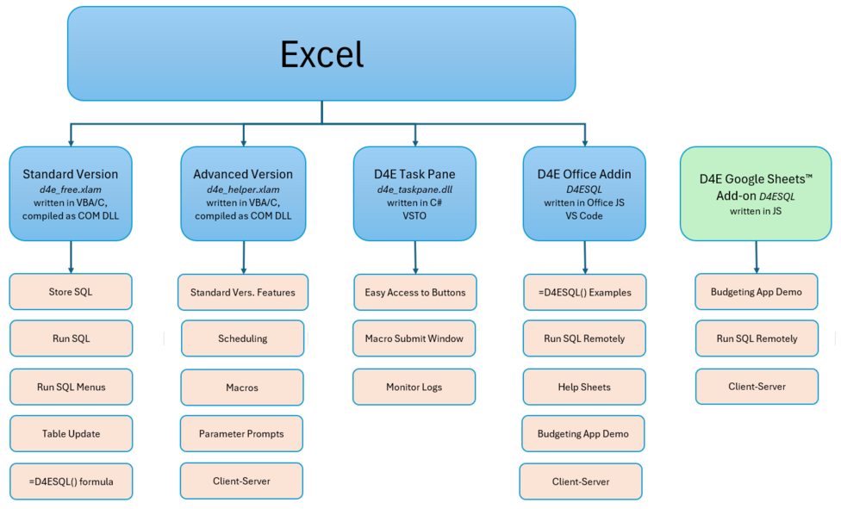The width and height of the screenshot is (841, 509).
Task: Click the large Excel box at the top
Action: tap(321, 53)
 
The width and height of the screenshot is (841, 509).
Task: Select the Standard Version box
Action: tap(71, 194)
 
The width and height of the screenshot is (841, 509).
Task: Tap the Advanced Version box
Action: tap(243, 194)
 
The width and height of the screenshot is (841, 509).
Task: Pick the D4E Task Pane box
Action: tap(414, 194)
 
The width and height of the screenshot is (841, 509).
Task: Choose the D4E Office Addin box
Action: tap(584, 194)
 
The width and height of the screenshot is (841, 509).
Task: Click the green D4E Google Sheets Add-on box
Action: tap(756, 194)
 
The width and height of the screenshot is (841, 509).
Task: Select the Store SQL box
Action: tap(71, 292)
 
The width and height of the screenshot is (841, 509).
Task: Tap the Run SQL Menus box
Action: tap(72, 387)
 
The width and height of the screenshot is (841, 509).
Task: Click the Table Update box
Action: tap(72, 433)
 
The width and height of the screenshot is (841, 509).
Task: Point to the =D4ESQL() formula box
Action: tap(72, 481)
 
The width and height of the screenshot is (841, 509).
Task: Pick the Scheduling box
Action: tap(242, 338)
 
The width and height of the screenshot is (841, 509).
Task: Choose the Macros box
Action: tap(242, 388)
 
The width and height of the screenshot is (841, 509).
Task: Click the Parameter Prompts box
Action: tap(241, 433)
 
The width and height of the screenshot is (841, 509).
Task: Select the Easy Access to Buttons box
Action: tap(415, 292)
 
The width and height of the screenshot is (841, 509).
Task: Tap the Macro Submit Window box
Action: tap(414, 338)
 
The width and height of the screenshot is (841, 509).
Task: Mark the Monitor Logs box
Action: tap(414, 387)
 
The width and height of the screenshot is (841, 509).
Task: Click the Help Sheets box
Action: tap(584, 387)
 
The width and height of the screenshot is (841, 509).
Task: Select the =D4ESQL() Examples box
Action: tap(584, 292)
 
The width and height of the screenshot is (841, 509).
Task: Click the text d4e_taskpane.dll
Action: tap(414, 189)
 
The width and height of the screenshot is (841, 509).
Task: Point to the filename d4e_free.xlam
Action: tap(71, 189)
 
